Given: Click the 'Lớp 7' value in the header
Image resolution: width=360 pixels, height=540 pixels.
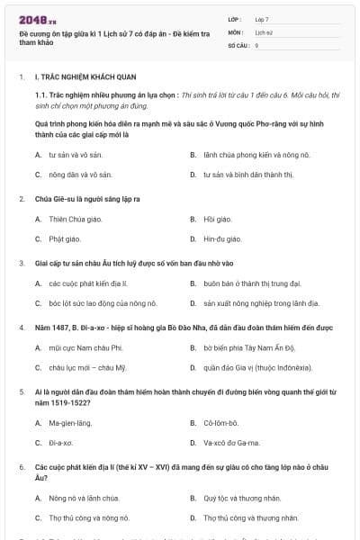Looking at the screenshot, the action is coord(261,19).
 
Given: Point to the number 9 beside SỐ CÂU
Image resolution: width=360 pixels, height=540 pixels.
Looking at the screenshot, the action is coord(256,44).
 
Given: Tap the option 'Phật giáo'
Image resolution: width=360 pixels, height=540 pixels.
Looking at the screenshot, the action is coord(64,239).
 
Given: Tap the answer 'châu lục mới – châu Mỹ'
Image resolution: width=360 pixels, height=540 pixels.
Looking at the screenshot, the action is coord(87,368).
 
